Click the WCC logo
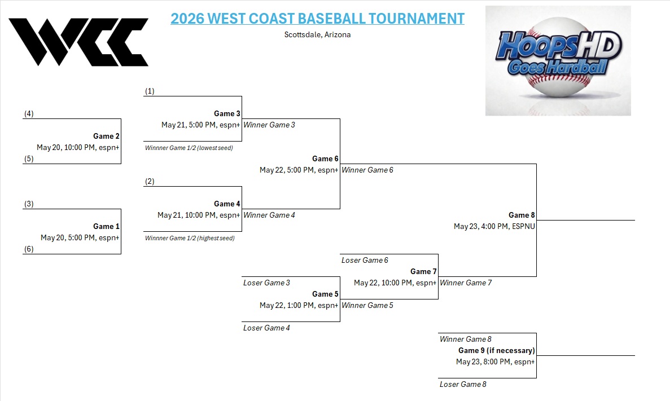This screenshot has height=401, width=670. [78, 42]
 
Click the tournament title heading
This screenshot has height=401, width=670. [317, 19]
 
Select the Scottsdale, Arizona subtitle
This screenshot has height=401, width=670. [317, 34]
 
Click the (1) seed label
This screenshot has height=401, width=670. [150, 91]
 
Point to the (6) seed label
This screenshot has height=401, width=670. [29, 249]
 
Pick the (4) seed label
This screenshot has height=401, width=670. [29, 113]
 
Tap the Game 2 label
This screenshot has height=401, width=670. [106, 136]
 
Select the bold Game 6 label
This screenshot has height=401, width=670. [325, 158]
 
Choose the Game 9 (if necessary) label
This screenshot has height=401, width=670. [496, 350]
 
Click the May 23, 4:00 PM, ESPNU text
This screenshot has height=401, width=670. [494, 226]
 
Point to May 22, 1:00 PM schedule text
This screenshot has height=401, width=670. [299, 305]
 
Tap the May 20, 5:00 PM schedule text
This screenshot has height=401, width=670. [80, 237]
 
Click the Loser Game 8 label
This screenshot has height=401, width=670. [463, 384]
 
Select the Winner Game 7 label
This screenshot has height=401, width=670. [466, 283]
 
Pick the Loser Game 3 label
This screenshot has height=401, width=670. [266, 283]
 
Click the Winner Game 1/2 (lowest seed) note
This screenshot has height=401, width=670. [189, 148]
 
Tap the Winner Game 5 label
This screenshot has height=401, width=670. [367, 305]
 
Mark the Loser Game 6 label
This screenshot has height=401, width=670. [365, 260]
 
